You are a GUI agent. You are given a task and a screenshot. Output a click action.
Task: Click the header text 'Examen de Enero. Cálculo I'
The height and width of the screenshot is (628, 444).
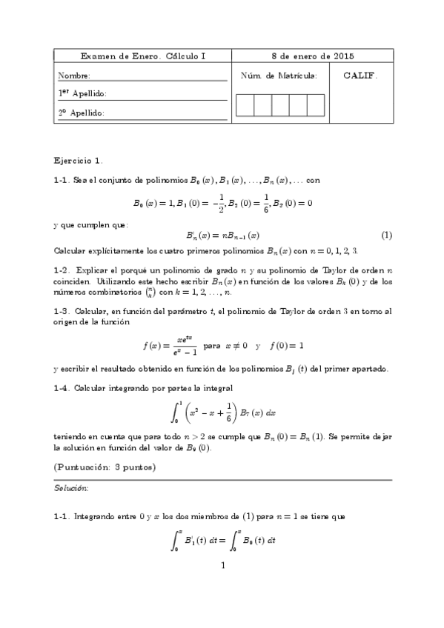pyautogui.click(x=143, y=56)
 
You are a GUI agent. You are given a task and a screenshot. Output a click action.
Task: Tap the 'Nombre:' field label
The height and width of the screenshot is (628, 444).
pyautogui.click(x=74, y=76)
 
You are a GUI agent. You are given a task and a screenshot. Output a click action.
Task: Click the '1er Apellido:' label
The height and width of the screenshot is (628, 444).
pyautogui.click(x=82, y=93)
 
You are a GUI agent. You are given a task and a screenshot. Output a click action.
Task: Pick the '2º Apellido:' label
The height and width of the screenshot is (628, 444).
pyautogui.click(x=82, y=113)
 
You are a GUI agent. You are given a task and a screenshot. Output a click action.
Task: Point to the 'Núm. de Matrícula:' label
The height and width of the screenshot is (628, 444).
pyautogui.click(x=279, y=76)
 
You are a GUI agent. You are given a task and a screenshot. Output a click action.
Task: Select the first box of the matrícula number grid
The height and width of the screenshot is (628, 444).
pyautogui.click(x=245, y=105)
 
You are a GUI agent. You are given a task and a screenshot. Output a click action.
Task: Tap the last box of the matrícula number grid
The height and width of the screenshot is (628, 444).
pyautogui.click(x=316, y=105)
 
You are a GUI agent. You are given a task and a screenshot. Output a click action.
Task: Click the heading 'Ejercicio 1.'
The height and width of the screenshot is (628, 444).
pyautogui.click(x=79, y=159)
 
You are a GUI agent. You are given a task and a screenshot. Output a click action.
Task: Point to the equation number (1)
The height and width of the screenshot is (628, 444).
pyautogui.click(x=386, y=235)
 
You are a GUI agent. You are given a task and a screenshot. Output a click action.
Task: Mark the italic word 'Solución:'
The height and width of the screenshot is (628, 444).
pyautogui.click(x=71, y=489)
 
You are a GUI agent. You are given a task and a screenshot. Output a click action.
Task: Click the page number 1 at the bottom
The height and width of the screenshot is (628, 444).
pyautogui.click(x=222, y=566)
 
